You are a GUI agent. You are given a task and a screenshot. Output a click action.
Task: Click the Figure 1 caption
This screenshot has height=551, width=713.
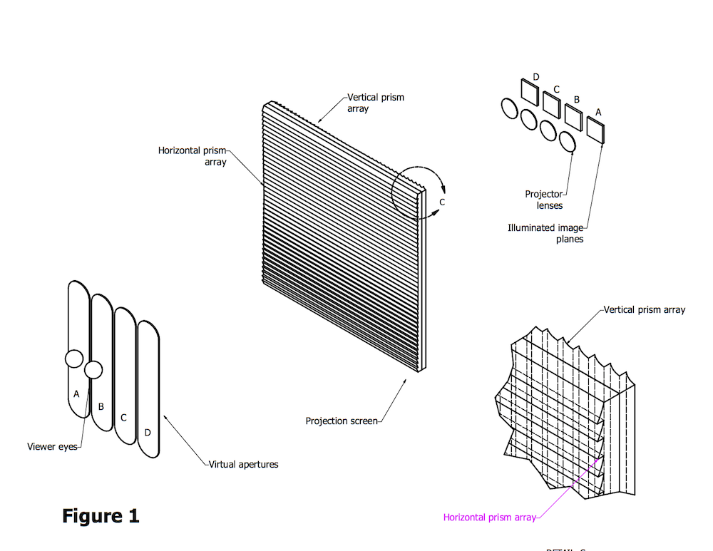[101, 515]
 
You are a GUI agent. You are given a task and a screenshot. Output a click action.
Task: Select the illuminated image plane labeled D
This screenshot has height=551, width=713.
[530, 91]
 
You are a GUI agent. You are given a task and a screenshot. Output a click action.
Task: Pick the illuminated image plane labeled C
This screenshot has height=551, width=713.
[551, 104]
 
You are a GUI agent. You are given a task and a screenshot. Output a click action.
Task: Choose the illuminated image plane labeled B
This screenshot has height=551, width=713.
[573, 117]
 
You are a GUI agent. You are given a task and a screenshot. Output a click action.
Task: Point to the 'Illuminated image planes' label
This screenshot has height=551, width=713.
[545, 234]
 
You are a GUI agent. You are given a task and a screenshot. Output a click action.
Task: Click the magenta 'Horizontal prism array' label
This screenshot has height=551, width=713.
[489, 517]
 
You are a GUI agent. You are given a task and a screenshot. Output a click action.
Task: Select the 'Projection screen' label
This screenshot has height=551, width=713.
[341, 421]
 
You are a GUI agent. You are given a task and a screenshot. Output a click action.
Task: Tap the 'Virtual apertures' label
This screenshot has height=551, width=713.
[243, 465]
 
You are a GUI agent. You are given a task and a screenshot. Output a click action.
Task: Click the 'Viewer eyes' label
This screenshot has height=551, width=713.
[51, 447]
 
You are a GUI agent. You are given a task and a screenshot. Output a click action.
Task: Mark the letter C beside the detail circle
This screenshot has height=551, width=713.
[442, 202]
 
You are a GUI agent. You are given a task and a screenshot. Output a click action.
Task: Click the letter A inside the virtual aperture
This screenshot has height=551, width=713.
[76, 393]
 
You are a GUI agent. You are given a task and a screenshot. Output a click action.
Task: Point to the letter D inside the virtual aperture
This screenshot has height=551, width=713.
[148, 432]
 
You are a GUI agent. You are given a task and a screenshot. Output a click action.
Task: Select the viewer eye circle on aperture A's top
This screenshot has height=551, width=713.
[75, 359]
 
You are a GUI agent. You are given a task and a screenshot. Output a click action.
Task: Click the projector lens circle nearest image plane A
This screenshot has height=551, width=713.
[568, 142]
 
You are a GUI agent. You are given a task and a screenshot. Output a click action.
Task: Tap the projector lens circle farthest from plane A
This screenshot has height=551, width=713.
[509, 108]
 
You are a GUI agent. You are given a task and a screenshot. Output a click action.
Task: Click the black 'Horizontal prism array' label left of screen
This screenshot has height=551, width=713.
[193, 156]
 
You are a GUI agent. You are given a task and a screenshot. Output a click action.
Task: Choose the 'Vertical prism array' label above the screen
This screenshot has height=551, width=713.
[376, 103]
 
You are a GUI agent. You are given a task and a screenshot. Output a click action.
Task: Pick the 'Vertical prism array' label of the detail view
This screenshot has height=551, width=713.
[645, 310]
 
